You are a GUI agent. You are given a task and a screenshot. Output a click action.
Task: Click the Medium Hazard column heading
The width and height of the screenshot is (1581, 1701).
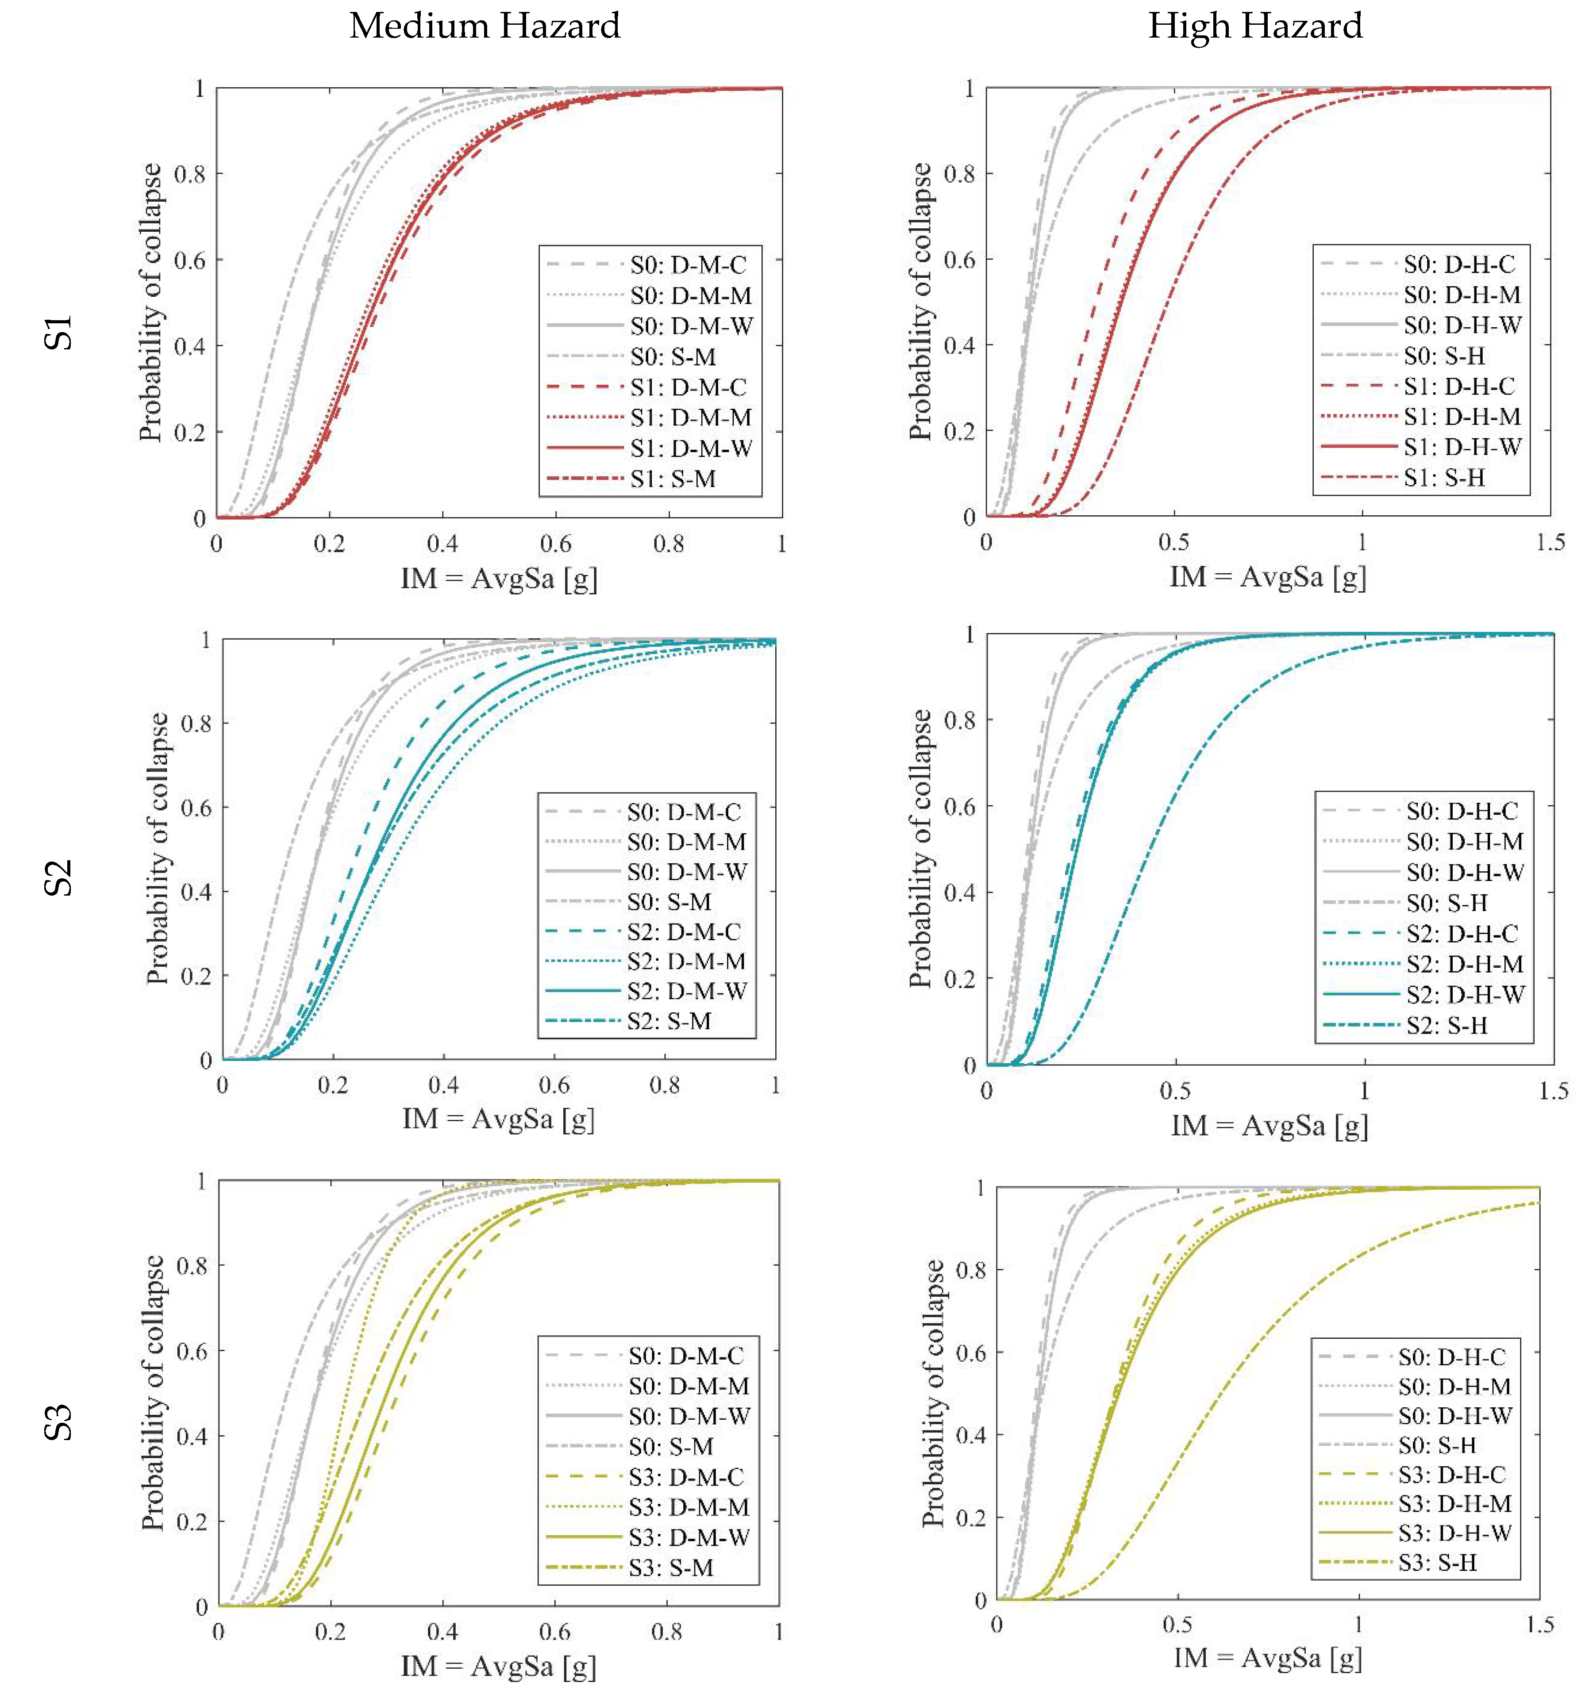484,26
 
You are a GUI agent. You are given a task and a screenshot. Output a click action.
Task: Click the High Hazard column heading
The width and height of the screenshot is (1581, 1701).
1254,26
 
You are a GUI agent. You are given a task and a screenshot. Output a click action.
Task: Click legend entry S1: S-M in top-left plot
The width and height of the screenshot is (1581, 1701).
673,479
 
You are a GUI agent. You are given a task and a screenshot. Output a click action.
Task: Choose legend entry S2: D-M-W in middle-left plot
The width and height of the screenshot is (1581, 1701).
686,991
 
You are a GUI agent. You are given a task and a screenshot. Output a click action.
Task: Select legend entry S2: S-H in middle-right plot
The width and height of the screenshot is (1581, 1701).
1446,1025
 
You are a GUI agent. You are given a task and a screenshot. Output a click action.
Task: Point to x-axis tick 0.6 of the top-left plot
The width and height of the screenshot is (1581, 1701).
556,544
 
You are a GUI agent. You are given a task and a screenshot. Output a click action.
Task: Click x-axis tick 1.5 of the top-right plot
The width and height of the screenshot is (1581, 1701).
1549,542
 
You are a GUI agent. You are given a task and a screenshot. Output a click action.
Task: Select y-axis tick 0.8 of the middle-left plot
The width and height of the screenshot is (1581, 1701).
196,724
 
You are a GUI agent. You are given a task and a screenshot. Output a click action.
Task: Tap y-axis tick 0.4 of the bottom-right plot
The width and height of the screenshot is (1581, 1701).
970,1435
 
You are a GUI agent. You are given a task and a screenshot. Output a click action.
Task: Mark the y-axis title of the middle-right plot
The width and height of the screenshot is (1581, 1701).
920,848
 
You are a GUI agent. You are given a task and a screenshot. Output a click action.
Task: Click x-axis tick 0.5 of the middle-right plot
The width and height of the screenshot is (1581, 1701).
1175,1091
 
